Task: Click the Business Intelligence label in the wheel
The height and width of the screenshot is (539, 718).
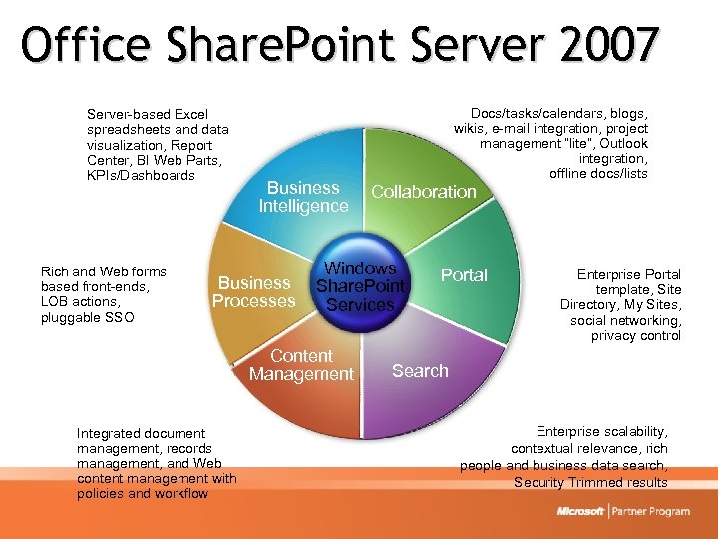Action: click(303, 197)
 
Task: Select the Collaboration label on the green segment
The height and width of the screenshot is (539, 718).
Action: click(424, 192)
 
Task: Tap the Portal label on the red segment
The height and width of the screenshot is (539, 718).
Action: click(464, 275)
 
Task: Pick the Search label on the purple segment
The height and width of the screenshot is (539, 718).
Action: click(420, 371)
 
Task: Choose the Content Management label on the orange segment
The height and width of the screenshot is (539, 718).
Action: click(301, 365)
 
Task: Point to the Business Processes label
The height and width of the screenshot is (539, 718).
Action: click(254, 292)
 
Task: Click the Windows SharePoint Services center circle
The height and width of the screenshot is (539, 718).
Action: click(360, 286)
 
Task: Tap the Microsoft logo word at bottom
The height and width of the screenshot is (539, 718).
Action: click(581, 512)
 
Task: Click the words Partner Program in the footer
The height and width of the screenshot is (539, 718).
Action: click(651, 512)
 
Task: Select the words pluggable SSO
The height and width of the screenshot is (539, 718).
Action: click(87, 317)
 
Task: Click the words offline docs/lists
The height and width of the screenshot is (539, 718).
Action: click(598, 174)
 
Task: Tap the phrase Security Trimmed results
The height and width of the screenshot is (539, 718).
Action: click(590, 483)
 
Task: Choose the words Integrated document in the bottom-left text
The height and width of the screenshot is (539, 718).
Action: click(141, 433)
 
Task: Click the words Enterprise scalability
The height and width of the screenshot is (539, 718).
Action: click(601, 431)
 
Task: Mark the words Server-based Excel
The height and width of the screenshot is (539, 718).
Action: click(148, 115)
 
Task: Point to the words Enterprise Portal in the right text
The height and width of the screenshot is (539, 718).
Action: click(629, 274)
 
